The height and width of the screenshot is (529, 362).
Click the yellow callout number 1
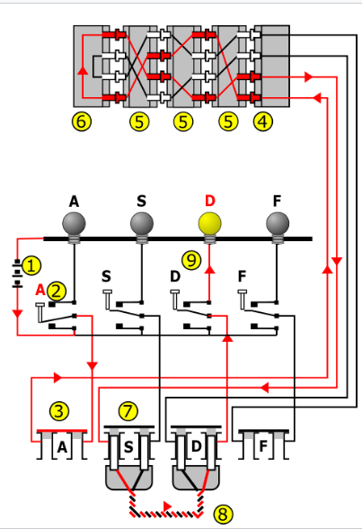(31, 265)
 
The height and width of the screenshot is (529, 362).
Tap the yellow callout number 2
(56, 290)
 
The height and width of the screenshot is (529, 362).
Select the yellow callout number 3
(59, 411)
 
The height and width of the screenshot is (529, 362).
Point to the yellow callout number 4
(262, 121)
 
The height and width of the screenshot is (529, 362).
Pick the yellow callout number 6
(82, 121)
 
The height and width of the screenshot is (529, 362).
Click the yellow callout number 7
(129, 411)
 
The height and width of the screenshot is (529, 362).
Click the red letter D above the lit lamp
(210, 201)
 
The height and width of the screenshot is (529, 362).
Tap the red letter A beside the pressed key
(40, 290)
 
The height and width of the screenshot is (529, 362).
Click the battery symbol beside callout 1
(15, 273)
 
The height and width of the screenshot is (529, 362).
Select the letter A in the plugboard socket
(62, 447)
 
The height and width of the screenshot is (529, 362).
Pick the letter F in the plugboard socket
(262, 447)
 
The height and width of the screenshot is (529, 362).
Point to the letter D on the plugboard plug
(196, 447)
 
